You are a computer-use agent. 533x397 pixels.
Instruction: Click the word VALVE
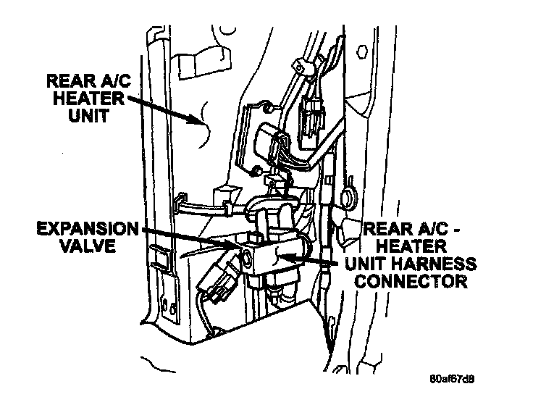tap(89, 246)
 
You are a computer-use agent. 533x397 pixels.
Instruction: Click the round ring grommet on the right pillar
tap(345, 193)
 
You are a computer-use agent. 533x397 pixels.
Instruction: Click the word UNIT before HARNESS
tap(374, 262)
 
